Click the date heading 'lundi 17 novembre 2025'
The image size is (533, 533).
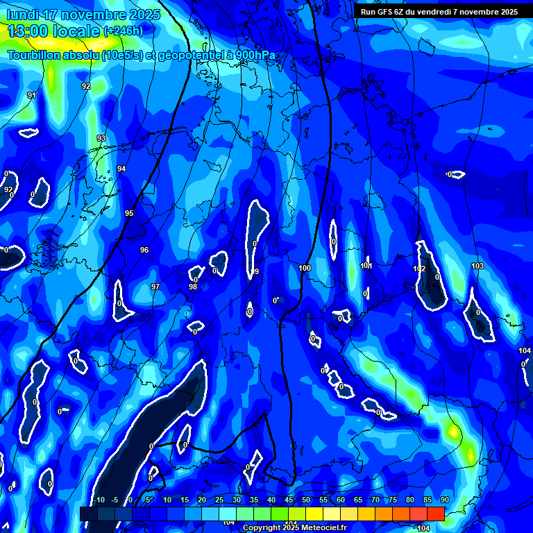(83, 15)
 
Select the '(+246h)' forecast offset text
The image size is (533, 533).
(123, 31)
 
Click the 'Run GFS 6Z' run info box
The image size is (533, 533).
(439, 12)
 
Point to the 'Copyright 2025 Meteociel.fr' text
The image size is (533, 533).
(294, 527)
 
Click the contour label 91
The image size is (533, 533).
(32, 95)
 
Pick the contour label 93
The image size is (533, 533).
(101, 138)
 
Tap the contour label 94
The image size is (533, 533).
(121, 169)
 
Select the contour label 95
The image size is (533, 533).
(129, 213)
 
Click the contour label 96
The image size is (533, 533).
(144, 250)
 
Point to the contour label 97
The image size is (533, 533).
(155, 287)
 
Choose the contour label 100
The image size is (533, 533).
(305, 268)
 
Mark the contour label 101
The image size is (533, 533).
(367, 266)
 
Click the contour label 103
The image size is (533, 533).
(477, 266)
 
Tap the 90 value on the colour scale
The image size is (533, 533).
(444, 500)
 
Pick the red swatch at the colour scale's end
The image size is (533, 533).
(435, 514)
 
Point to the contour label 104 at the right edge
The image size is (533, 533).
(525, 351)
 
